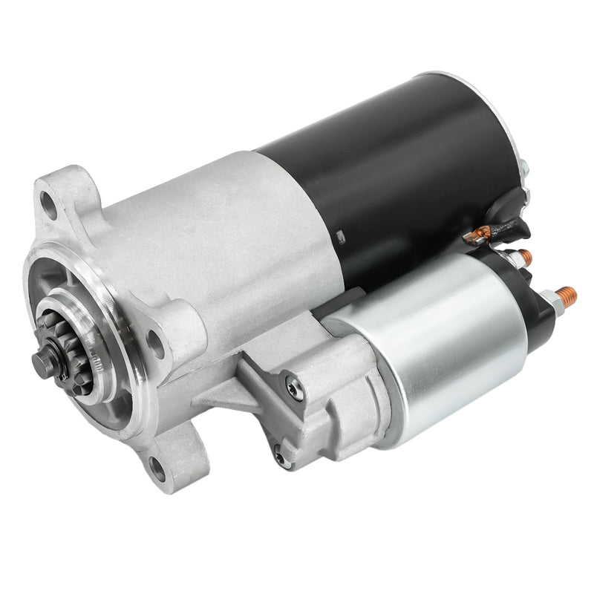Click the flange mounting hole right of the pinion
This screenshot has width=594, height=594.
pyautogui.click(x=156, y=342)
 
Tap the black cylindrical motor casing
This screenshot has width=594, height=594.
pyautogui.click(x=401, y=171)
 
